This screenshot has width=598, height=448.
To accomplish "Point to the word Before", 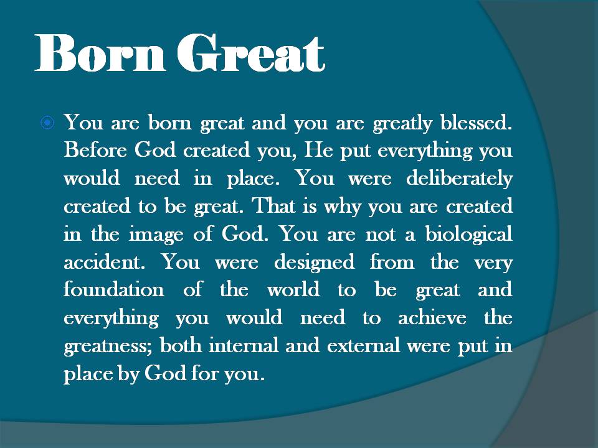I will (94, 151).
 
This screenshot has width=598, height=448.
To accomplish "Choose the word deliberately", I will (459, 179).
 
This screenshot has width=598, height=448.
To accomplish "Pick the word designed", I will (313, 263).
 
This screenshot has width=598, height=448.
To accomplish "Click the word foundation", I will (114, 291).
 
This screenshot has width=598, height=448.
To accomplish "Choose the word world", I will (293, 291).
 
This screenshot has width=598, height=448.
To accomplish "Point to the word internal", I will (240, 347).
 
